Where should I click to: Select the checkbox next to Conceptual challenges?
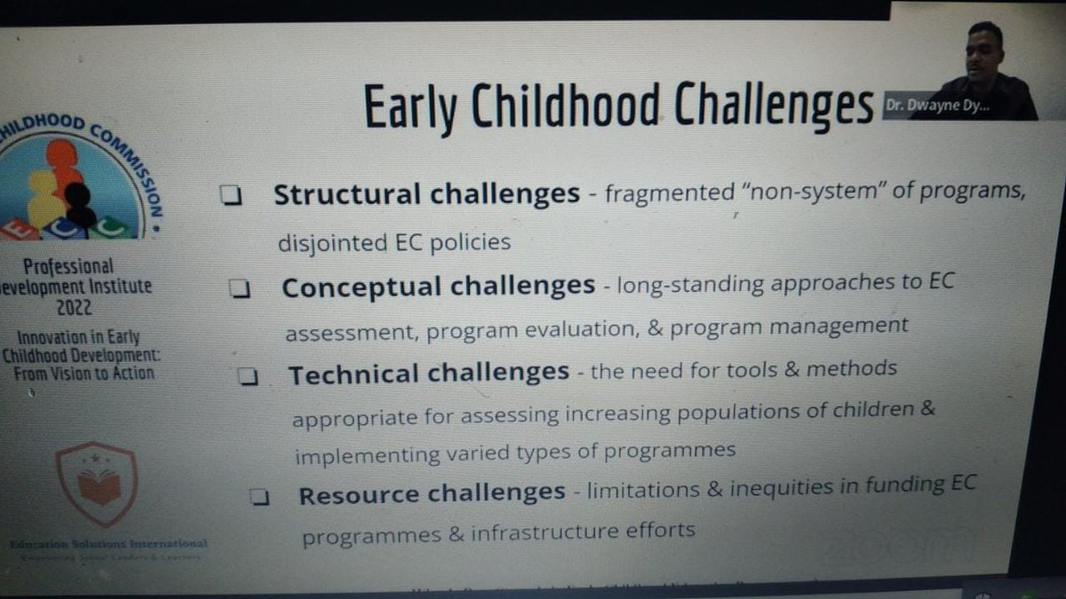pos(239,290)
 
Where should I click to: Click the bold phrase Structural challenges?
pos(426,194)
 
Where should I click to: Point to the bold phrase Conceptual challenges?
pos(438,287)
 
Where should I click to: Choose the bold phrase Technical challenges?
pos(428,373)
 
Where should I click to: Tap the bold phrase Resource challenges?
pos(432,493)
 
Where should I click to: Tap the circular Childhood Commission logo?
pos(80,182)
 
